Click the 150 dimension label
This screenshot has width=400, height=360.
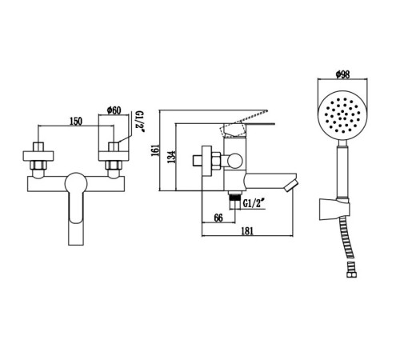pos(76,122)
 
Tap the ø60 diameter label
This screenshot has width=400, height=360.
pos(114,110)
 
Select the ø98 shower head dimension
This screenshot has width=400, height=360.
pos(342,74)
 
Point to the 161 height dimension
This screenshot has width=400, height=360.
pos(155,150)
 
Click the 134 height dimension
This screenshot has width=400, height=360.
pos(172,157)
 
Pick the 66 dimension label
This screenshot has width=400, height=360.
pos(218,218)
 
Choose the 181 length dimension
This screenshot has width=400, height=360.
pos(247,231)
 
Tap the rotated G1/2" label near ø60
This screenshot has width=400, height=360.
pos(140,122)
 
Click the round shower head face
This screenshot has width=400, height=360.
pos(342,115)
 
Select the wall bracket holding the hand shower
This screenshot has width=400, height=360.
pos(334,209)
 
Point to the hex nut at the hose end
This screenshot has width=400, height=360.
pos(352,274)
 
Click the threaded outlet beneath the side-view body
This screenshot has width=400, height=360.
pos(234,201)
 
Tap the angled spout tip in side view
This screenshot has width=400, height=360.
pos(291,186)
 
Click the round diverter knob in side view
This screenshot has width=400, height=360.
pos(234,161)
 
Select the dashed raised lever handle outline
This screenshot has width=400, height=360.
pos(243,123)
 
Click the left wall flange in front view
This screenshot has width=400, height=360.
pos(38,156)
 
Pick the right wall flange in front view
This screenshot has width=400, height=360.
pos(114,156)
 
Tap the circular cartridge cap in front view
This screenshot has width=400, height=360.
pos(76,184)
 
